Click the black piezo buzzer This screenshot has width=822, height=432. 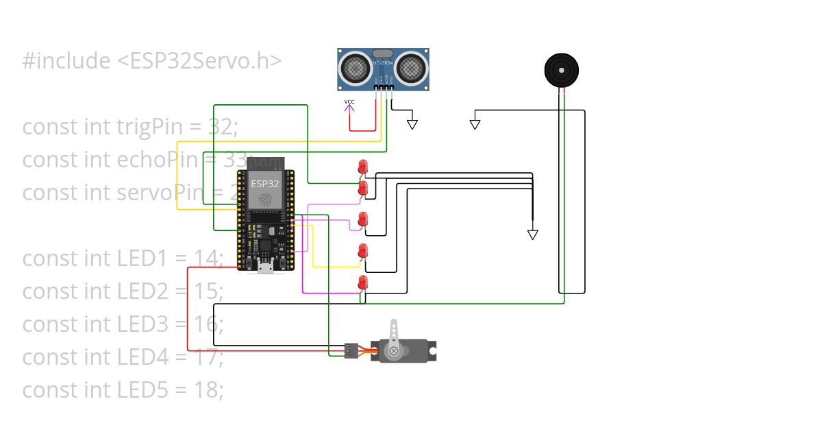coord(561,69)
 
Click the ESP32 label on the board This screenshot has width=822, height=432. coord(264,184)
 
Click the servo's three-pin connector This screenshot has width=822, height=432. coord(351,351)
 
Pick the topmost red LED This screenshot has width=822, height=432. coord(362,166)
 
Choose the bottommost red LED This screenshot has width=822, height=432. coord(362,282)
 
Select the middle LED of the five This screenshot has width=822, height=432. coord(362,219)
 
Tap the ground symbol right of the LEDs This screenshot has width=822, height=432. coord(532,235)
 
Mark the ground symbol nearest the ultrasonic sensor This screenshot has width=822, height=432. coord(412,124)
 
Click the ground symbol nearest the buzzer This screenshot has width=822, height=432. coord(475,124)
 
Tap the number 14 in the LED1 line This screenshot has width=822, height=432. coord(207,259)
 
